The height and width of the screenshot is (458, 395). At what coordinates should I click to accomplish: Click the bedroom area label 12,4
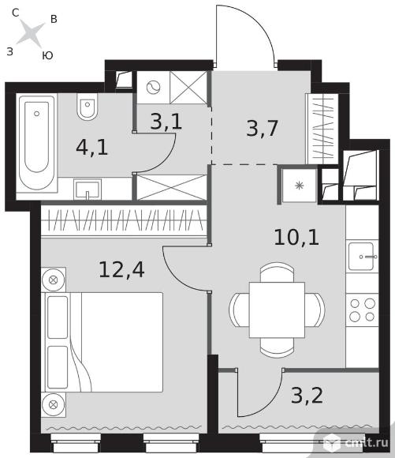point(121,270)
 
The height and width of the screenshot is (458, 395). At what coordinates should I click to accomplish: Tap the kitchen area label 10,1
point(296,238)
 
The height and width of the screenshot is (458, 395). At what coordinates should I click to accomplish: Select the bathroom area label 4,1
point(92,148)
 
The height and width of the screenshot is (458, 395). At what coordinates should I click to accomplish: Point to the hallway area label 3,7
point(262,128)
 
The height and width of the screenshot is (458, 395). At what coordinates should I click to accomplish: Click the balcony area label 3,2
point(307,396)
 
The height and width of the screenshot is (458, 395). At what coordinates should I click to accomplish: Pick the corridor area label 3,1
point(166,122)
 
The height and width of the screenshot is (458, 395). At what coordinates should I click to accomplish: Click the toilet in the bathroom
point(88,107)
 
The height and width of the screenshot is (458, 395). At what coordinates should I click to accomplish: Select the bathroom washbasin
point(88,190)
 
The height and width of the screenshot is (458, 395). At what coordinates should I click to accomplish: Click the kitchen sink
point(362,257)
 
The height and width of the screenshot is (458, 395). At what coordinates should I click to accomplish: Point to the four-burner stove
point(363,310)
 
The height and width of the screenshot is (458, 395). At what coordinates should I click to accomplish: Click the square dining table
point(277,310)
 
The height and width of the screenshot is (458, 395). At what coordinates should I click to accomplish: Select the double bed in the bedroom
point(104,343)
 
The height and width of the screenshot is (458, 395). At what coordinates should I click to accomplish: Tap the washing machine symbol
point(154,87)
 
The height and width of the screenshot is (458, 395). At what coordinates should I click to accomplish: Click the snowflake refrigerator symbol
point(299,186)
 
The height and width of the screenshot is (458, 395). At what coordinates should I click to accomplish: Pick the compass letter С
point(16,13)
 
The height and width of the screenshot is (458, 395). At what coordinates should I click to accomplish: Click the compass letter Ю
point(47,55)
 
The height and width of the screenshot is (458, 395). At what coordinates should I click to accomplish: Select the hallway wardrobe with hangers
point(322,129)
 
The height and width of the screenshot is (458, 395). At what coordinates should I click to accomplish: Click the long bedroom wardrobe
point(124,220)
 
